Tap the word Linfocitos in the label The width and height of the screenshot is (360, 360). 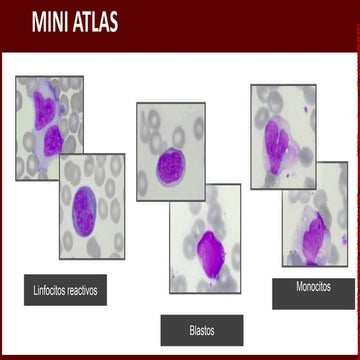tap(47, 291)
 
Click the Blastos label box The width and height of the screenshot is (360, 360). tap(201, 329)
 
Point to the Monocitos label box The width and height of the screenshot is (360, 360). tap(313, 286)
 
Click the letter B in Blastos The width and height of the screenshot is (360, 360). tap(191, 329)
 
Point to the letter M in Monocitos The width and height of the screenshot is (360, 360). tap(299, 286)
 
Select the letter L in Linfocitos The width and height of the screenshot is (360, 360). tap(35, 291)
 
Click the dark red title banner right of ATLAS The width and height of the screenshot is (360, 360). tap(230, 22)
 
